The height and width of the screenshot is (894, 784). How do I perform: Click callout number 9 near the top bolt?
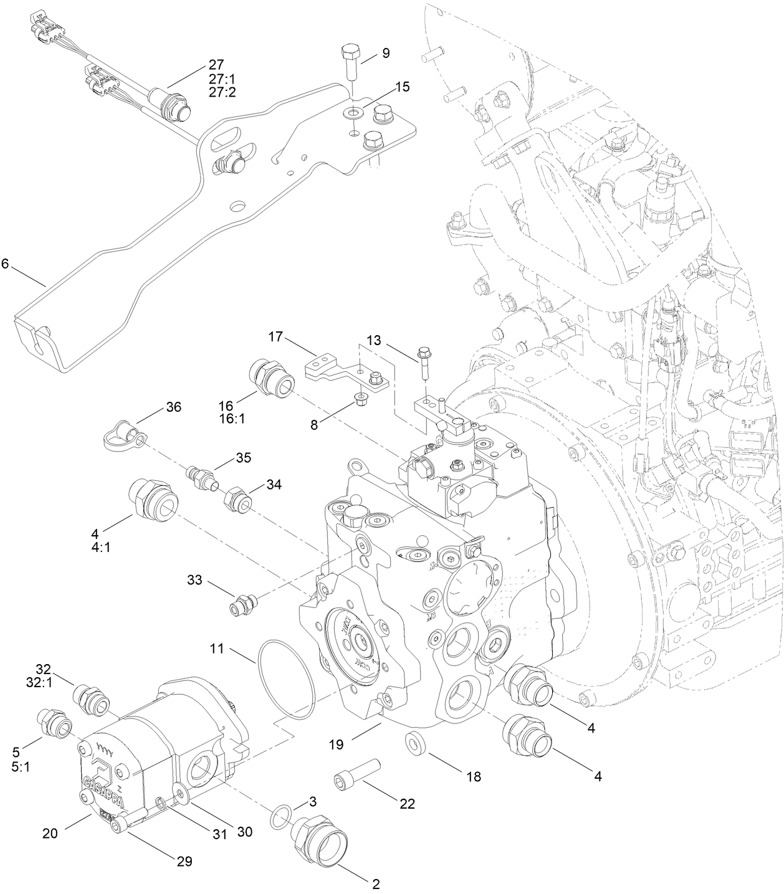tap(386, 54)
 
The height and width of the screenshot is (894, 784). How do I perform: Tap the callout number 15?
tap(403, 87)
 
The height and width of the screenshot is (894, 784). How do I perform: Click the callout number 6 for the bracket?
tap(5, 264)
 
